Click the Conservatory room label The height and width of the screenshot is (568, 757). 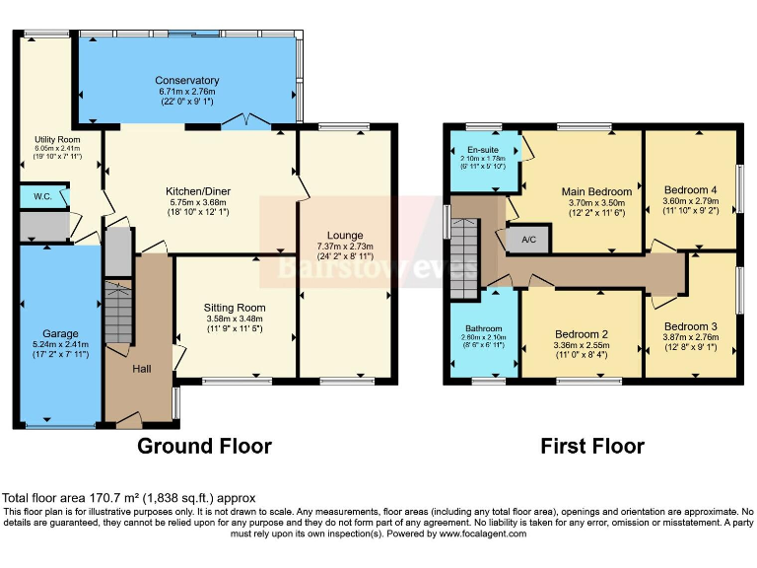[186, 80]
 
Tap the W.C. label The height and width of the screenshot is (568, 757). [42, 195]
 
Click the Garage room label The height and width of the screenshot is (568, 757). [60, 333]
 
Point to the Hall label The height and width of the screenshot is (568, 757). [142, 369]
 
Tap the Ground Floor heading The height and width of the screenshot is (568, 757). [203, 446]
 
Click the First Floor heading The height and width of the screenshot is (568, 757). [591, 446]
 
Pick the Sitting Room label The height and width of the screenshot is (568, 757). [235, 307]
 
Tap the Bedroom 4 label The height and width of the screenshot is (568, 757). [690, 189]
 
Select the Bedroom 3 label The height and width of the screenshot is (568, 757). [690, 325]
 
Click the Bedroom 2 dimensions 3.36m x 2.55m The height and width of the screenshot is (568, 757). [582, 345]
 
